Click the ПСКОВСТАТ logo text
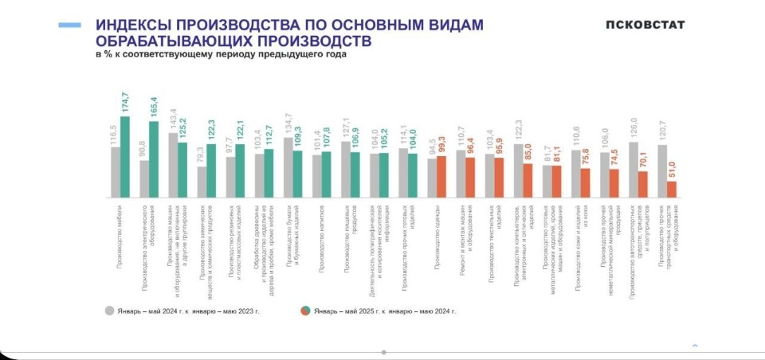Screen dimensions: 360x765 tap(645, 24)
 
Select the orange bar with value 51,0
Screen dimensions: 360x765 tap(672, 190)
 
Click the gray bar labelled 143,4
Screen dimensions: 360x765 tap(173, 165)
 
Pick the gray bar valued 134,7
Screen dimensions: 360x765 tap(288, 167)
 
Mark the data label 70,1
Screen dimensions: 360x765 tap(643, 160)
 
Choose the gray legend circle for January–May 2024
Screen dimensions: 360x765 tap(109, 311)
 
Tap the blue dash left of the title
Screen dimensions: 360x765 tap(69, 25)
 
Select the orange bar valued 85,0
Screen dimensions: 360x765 tap(528, 180)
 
